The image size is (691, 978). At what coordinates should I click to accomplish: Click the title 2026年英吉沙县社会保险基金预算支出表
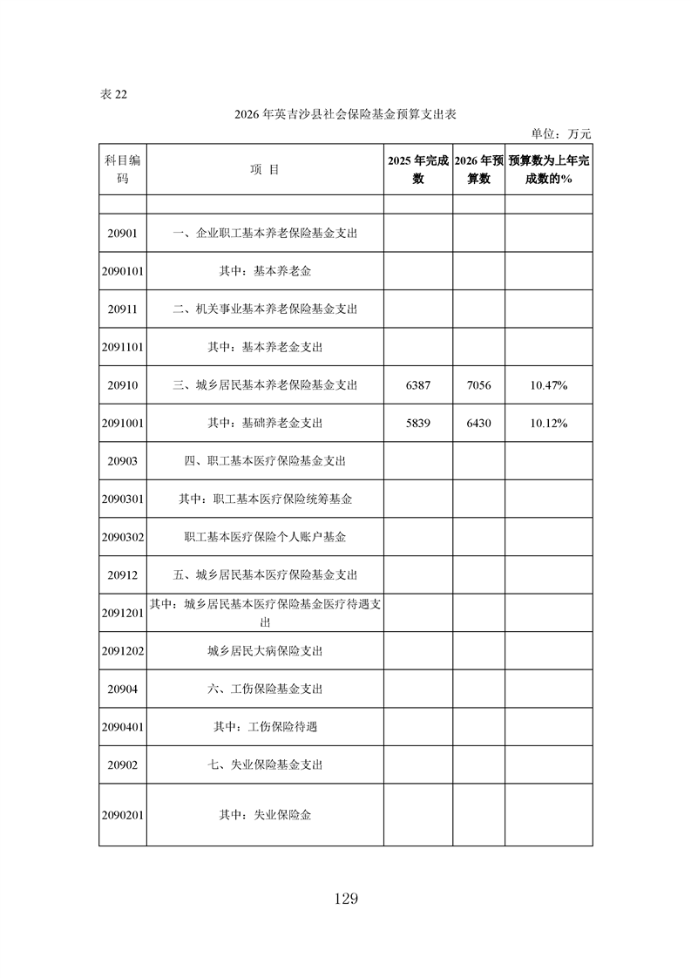[x=346, y=114]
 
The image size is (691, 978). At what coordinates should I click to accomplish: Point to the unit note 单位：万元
[x=561, y=134]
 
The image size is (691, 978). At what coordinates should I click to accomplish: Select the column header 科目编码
[x=122, y=170]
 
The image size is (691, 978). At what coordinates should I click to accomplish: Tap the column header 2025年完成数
[x=418, y=170]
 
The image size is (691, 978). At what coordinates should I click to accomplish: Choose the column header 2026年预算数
[x=478, y=170]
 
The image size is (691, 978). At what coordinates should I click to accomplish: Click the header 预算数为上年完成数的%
[x=549, y=170]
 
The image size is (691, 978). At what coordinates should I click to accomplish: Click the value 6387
[x=418, y=385]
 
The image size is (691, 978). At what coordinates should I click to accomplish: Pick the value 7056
[x=478, y=385]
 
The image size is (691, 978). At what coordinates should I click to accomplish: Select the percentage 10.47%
[x=549, y=385]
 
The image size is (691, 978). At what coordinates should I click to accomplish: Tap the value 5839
[x=418, y=424]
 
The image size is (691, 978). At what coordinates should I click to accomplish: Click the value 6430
[x=478, y=424]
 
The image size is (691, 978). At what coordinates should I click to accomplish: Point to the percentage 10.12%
[x=549, y=424]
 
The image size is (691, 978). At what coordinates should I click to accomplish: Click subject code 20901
[x=122, y=234]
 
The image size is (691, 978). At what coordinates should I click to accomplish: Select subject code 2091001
[x=122, y=424]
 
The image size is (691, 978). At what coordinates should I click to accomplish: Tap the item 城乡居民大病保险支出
[x=265, y=651]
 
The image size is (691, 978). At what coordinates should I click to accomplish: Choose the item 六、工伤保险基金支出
[x=265, y=689]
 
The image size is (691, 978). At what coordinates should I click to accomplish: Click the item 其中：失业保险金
[x=265, y=816]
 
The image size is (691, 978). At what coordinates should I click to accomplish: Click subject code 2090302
[x=122, y=538]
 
